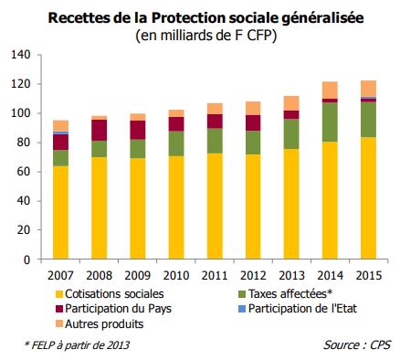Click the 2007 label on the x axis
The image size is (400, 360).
[61, 275]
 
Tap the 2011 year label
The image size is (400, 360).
[214, 275]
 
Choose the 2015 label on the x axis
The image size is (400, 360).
[367, 275]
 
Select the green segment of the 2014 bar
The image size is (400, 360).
[329, 122]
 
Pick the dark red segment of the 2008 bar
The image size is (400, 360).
[99, 130]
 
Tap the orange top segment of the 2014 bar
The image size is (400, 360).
[329, 90]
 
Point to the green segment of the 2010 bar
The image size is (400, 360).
[175, 143]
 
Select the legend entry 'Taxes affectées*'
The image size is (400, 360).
[290, 294]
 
